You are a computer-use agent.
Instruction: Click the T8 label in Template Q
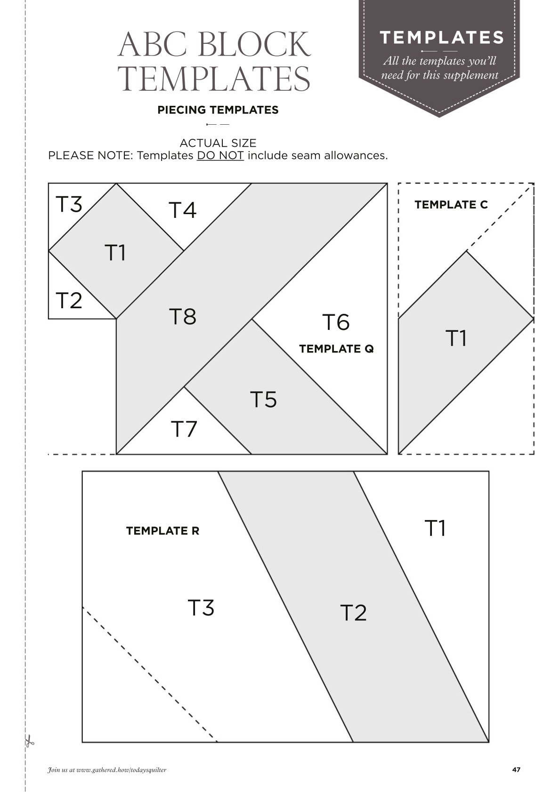(183, 316)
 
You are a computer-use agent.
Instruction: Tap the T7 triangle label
(184, 429)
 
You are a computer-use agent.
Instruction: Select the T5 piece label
(263, 399)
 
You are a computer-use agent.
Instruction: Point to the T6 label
(336, 322)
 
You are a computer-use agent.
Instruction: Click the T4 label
(182, 210)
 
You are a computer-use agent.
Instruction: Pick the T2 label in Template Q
(69, 300)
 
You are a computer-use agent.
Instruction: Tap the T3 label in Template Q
(69, 204)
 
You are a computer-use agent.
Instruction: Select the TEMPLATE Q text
(336, 349)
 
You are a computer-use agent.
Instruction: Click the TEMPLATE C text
(451, 205)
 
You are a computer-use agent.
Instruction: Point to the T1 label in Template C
(456, 338)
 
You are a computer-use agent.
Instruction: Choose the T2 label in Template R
(353, 613)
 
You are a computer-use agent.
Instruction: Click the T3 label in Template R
(201, 608)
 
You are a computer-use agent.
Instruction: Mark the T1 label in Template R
(435, 528)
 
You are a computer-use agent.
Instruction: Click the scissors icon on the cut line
(29, 740)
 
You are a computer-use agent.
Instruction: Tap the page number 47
(516, 769)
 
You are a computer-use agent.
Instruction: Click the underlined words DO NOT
(220, 155)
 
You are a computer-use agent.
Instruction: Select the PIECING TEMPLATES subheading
(218, 110)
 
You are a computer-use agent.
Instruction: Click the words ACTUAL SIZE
(218, 143)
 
